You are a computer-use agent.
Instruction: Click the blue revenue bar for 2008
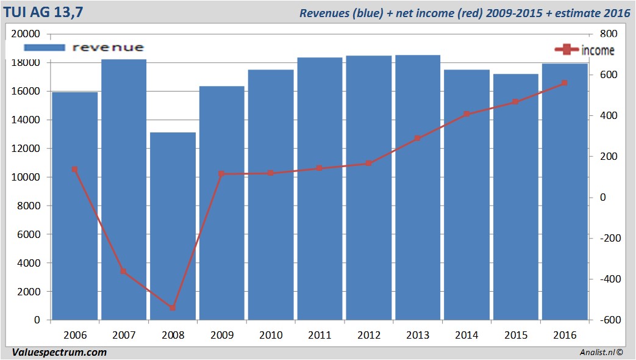(x=173, y=226)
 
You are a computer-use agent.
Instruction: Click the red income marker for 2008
(x=173, y=308)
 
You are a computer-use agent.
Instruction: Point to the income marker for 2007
(x=123, y=272)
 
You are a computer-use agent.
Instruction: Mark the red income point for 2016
(x=565, y=83)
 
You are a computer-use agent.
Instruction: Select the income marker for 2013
(x=418, y=139)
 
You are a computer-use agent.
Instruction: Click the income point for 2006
(x=74, y=170)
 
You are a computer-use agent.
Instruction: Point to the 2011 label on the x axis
(x=320, y=335)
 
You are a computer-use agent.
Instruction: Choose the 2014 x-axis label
(x=466, y=335)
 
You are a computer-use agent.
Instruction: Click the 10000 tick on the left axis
(x=27, y=177)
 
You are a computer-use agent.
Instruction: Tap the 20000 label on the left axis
(x=27, y=34)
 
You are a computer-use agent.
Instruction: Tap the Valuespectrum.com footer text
(x=59, y=352)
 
